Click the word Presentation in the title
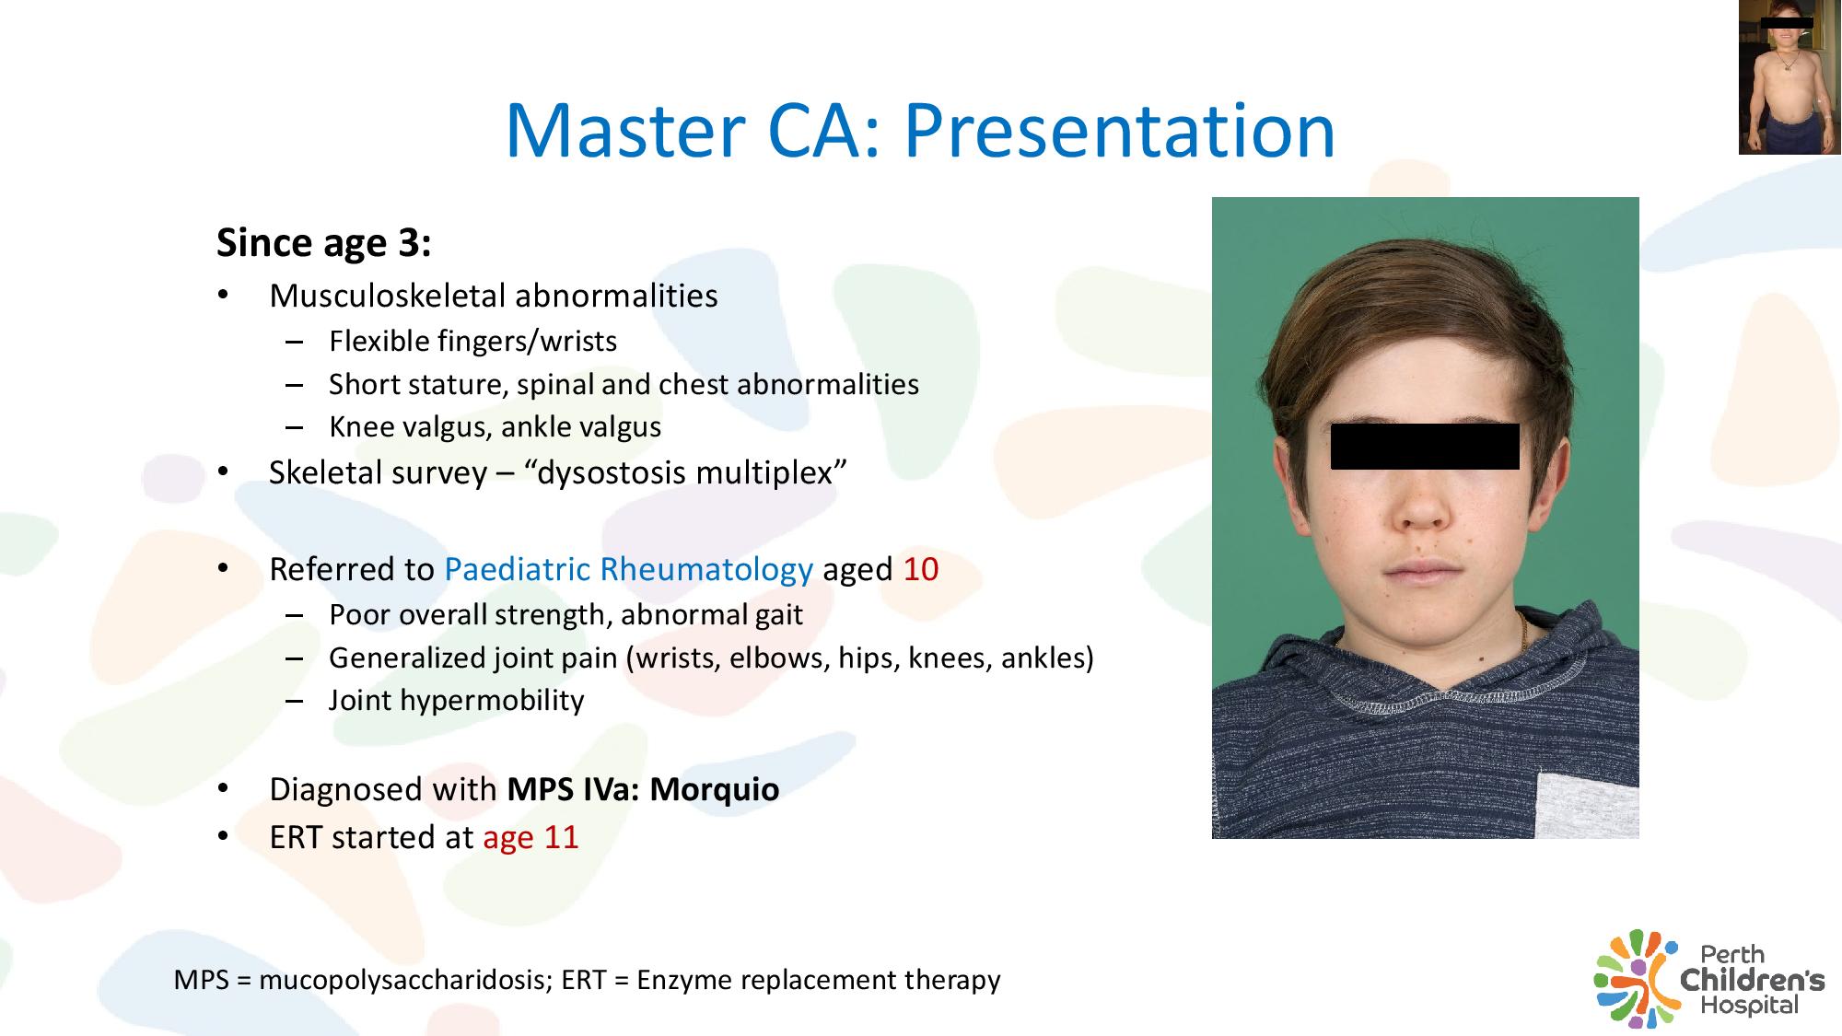point(1119,131)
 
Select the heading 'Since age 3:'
point(324,243)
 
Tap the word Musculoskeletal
point(388,296)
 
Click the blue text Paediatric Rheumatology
point(629,569)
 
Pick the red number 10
point(921,569)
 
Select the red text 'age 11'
point(530,837)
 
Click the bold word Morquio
point(715,789)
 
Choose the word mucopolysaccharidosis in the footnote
point(405,980)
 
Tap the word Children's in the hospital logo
point(1753,979)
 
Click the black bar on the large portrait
point(1425,447)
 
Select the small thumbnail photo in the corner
point(1790,77)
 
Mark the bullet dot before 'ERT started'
point(223,837)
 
